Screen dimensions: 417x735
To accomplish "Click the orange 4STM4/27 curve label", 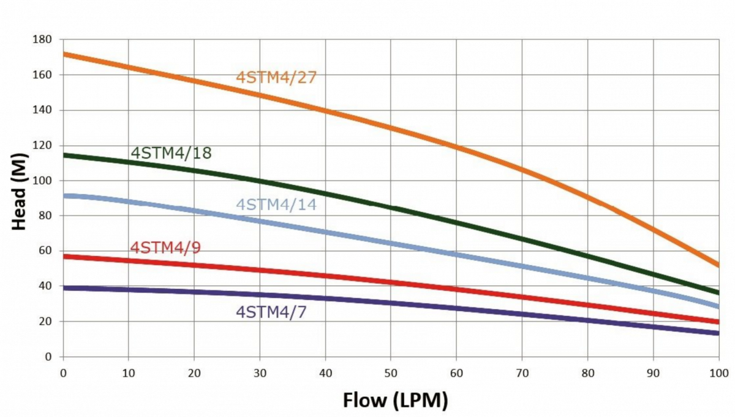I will pyautogui.click(x=276, y=78).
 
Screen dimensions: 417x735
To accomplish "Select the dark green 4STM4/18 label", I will pyautogui.click(x=171, y=153).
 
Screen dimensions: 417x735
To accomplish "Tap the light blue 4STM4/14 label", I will pyautogui.click(x=276, y=205).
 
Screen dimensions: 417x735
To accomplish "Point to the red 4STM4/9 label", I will pyautogui.click(x=165, y=248).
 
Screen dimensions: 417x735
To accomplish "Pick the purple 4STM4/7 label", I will pyautogui.click(x=271, y=312).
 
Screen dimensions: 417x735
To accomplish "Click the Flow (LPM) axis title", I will pyautogui.click(x=396, y=400).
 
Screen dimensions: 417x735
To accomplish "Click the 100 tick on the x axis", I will pyautogui.click(x=718, y=372).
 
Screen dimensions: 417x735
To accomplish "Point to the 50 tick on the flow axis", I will pyautogui.click(x=391, y=372).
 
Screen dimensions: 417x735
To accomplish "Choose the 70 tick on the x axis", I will pyautogui.click(x=522, y=372).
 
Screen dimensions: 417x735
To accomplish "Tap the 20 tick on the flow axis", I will pyautogui.click(x=194, y=372).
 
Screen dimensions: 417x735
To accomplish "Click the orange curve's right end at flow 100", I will pyautogui.click(x=717, y=265).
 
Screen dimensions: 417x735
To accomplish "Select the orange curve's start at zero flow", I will pyautogui.click(x=65, y=54).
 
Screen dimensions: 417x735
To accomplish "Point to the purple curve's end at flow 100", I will pyautogui.click(x=717, y=333).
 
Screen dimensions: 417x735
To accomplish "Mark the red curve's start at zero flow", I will pyautogui.click(x=65, y=256).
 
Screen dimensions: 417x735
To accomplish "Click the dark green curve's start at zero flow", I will pyautogui.click(x=65, y=155).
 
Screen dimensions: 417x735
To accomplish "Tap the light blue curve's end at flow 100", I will pyautogui.click(x=717, y=306).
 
